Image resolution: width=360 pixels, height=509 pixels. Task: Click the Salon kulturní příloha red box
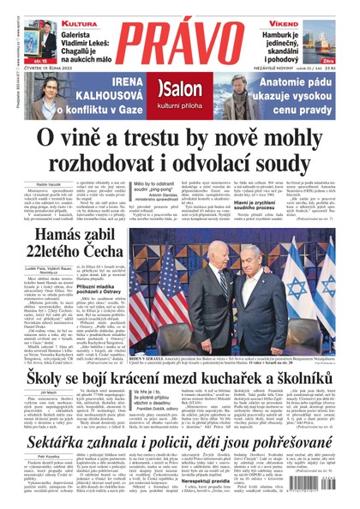tap(179, 93)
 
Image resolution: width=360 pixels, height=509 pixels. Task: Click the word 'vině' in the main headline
tap(88, 139)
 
